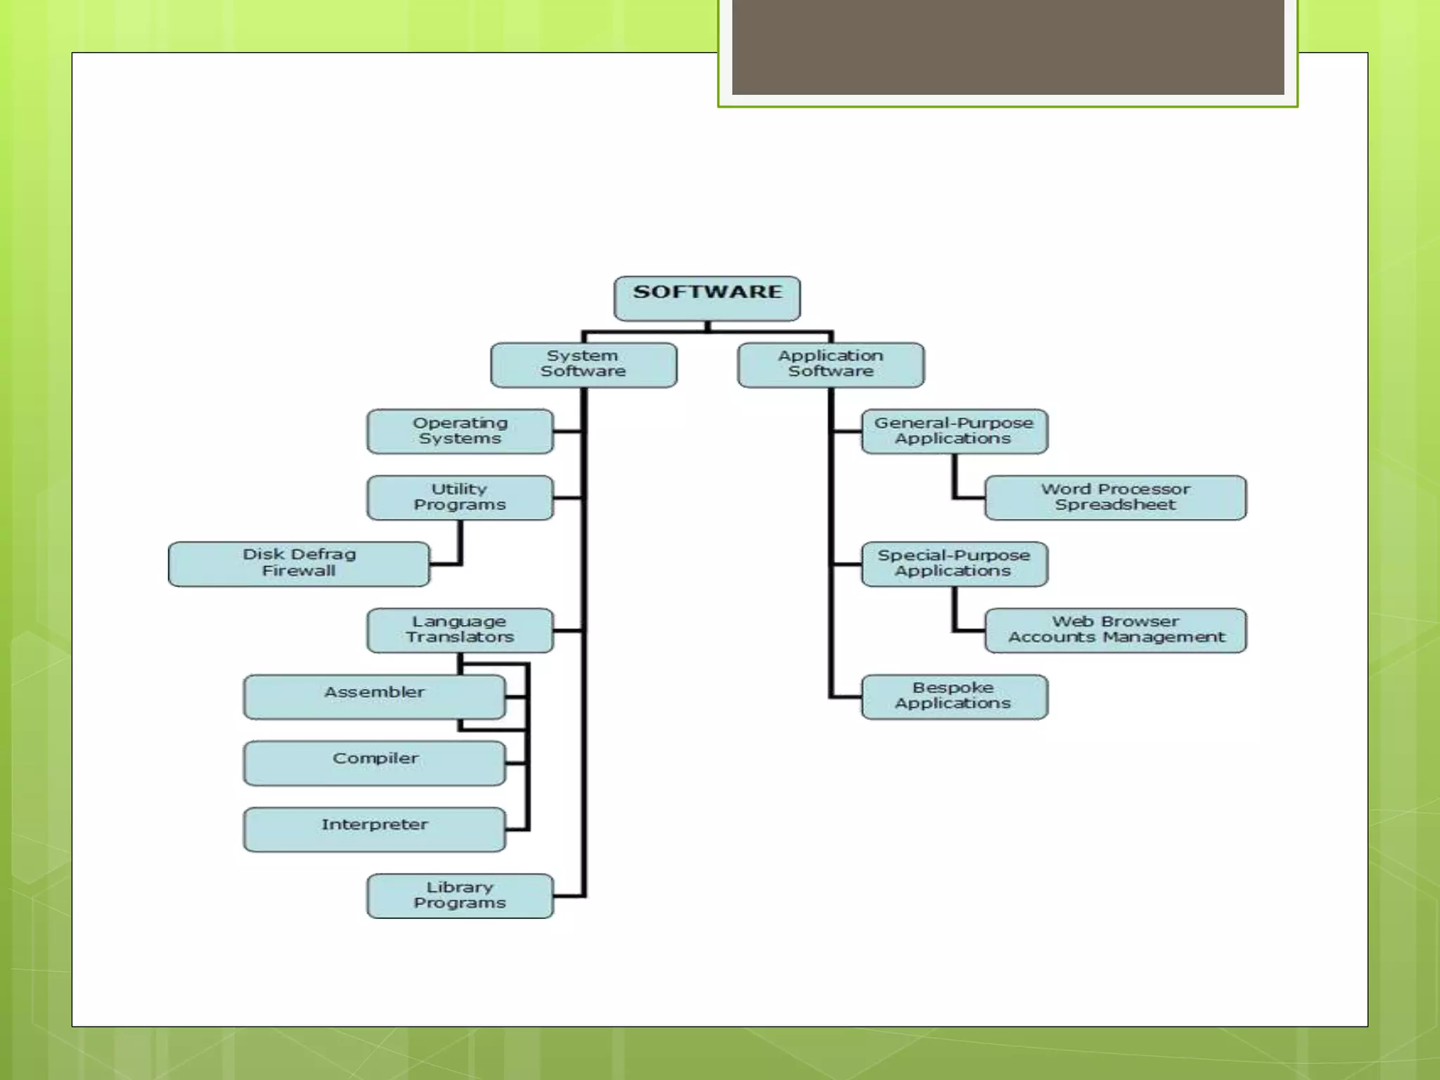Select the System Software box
(584, 365)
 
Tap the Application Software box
(830, 365)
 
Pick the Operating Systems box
(460, 431)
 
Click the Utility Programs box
(460, 498)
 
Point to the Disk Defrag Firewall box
(299, 564)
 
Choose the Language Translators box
(460, 630)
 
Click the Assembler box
(374, 697)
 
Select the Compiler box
(374, 763)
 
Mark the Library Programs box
(460, 896)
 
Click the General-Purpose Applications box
(954, 431)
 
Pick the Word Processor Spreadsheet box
(1115, 498)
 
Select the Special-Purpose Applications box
(954, 564)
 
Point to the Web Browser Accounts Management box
(1115, 630)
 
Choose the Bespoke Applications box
(954, 697)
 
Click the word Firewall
(299, 571)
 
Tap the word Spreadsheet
(1115, 505)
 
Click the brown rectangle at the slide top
(1008, 46)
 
